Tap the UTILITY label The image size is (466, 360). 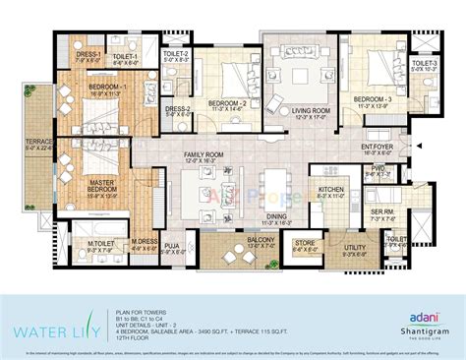(354, 247)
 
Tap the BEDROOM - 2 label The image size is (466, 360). (225, 102)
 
